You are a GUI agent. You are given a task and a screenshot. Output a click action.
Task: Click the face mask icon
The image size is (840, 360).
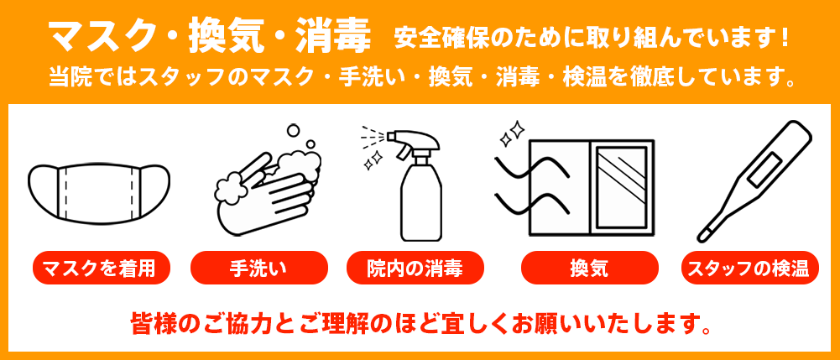tap(99, 190)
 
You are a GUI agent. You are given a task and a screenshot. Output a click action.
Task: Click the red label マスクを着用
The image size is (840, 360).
tap(100, 269)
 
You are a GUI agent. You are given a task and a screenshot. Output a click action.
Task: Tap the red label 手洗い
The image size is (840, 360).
tap(258, 269)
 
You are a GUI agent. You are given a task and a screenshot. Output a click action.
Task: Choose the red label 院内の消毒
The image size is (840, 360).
tap(415, 269)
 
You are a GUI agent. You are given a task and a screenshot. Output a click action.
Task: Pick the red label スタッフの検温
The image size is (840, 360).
tap(749, 269)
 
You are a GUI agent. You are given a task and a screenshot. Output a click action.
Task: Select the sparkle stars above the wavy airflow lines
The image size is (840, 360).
tap(511, 132)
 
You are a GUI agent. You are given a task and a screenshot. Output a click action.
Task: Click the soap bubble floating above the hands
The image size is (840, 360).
tap(293, 130)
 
